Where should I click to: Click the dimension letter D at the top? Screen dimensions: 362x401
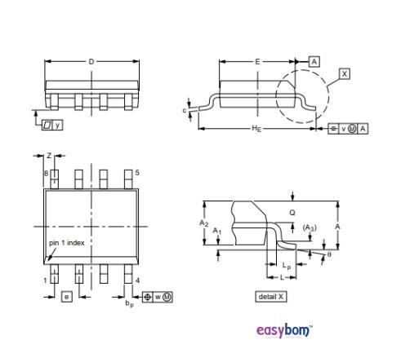pos(91,61)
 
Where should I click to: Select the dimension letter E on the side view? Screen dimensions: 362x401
pos(257,61)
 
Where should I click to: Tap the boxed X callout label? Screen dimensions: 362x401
pos(345,73)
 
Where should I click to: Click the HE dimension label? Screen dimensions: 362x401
pos(255,130)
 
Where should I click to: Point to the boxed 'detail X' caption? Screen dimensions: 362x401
pos(271,296)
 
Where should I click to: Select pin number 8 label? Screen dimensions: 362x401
pos(46,173)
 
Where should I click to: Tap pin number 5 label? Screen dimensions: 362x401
pos(137,173)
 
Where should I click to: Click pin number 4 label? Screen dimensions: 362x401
pos(137,280)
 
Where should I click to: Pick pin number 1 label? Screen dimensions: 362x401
pos(45,280)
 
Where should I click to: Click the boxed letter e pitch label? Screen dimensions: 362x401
pos(65,296)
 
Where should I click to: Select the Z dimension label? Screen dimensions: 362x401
pos(49,155)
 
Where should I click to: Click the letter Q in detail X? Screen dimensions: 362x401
pos(292,213)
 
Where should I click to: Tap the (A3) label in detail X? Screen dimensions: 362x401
pos(310,227)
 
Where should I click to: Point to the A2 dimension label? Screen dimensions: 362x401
pos(205,223)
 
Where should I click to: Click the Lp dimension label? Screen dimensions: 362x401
pos(285,267)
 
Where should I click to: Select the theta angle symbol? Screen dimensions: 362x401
pos(329,255)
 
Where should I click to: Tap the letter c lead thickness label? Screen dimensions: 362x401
pos(185,110)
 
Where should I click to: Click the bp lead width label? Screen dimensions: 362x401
pos(129,303)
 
